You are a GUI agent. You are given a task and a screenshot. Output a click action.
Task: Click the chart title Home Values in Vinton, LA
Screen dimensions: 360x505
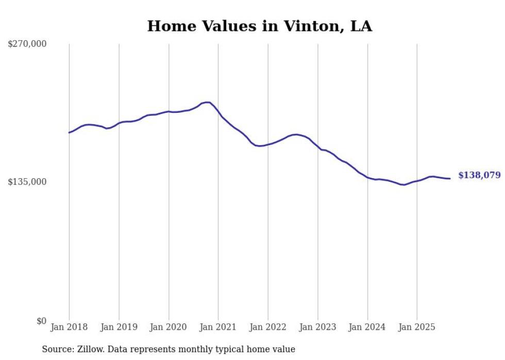point(259,26)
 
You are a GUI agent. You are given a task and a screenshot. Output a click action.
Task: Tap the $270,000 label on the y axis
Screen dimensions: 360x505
point(27,44)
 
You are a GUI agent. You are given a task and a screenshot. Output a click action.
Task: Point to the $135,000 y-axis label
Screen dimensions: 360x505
point(27,182)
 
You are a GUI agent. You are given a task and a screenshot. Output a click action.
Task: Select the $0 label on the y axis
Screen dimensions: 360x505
point(41,320)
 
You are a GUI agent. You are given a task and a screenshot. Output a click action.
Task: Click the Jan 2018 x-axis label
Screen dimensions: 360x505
point(69,327)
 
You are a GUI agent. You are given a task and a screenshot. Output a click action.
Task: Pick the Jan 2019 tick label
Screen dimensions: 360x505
point(119,327)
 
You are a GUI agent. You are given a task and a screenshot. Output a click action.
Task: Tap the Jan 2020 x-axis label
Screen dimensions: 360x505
point(169,327)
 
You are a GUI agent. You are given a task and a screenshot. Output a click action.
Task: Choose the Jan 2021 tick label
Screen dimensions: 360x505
point(218,327)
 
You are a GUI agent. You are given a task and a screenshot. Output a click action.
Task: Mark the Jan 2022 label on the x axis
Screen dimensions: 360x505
point(268,327)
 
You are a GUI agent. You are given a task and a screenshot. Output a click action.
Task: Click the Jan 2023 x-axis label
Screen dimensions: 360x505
point(318,327)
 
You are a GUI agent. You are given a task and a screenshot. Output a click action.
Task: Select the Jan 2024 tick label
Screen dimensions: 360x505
point(367,327)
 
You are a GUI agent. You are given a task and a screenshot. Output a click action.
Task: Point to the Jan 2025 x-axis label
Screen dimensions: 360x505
point(417,327)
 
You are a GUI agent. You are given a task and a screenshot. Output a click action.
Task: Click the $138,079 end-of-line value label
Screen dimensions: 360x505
point(479,175)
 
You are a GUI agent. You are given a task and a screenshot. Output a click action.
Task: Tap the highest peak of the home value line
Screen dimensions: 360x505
point(207,102)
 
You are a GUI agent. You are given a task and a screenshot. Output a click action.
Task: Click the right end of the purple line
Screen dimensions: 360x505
point(450,179)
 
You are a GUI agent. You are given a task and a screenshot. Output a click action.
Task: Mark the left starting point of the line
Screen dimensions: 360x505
point(69,132)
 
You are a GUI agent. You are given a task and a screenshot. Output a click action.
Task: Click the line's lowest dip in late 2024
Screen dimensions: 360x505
point(404,184)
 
